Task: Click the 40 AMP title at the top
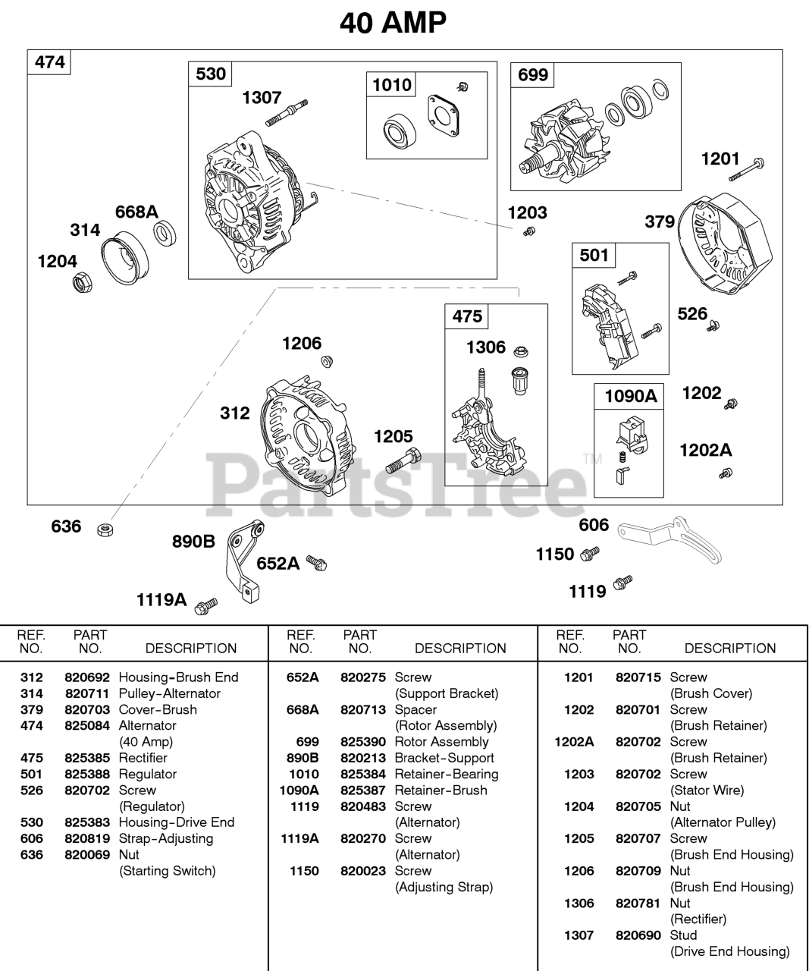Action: click(393, 23)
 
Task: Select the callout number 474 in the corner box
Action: click(49, 62)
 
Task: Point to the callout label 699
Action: click(533, 75)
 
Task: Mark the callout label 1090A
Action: click(630, 397)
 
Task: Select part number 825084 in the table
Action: click(87, 726)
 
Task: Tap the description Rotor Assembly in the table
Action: click(441, 742)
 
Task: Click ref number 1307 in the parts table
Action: click(579, 935)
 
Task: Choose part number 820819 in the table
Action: click(87, 839)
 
